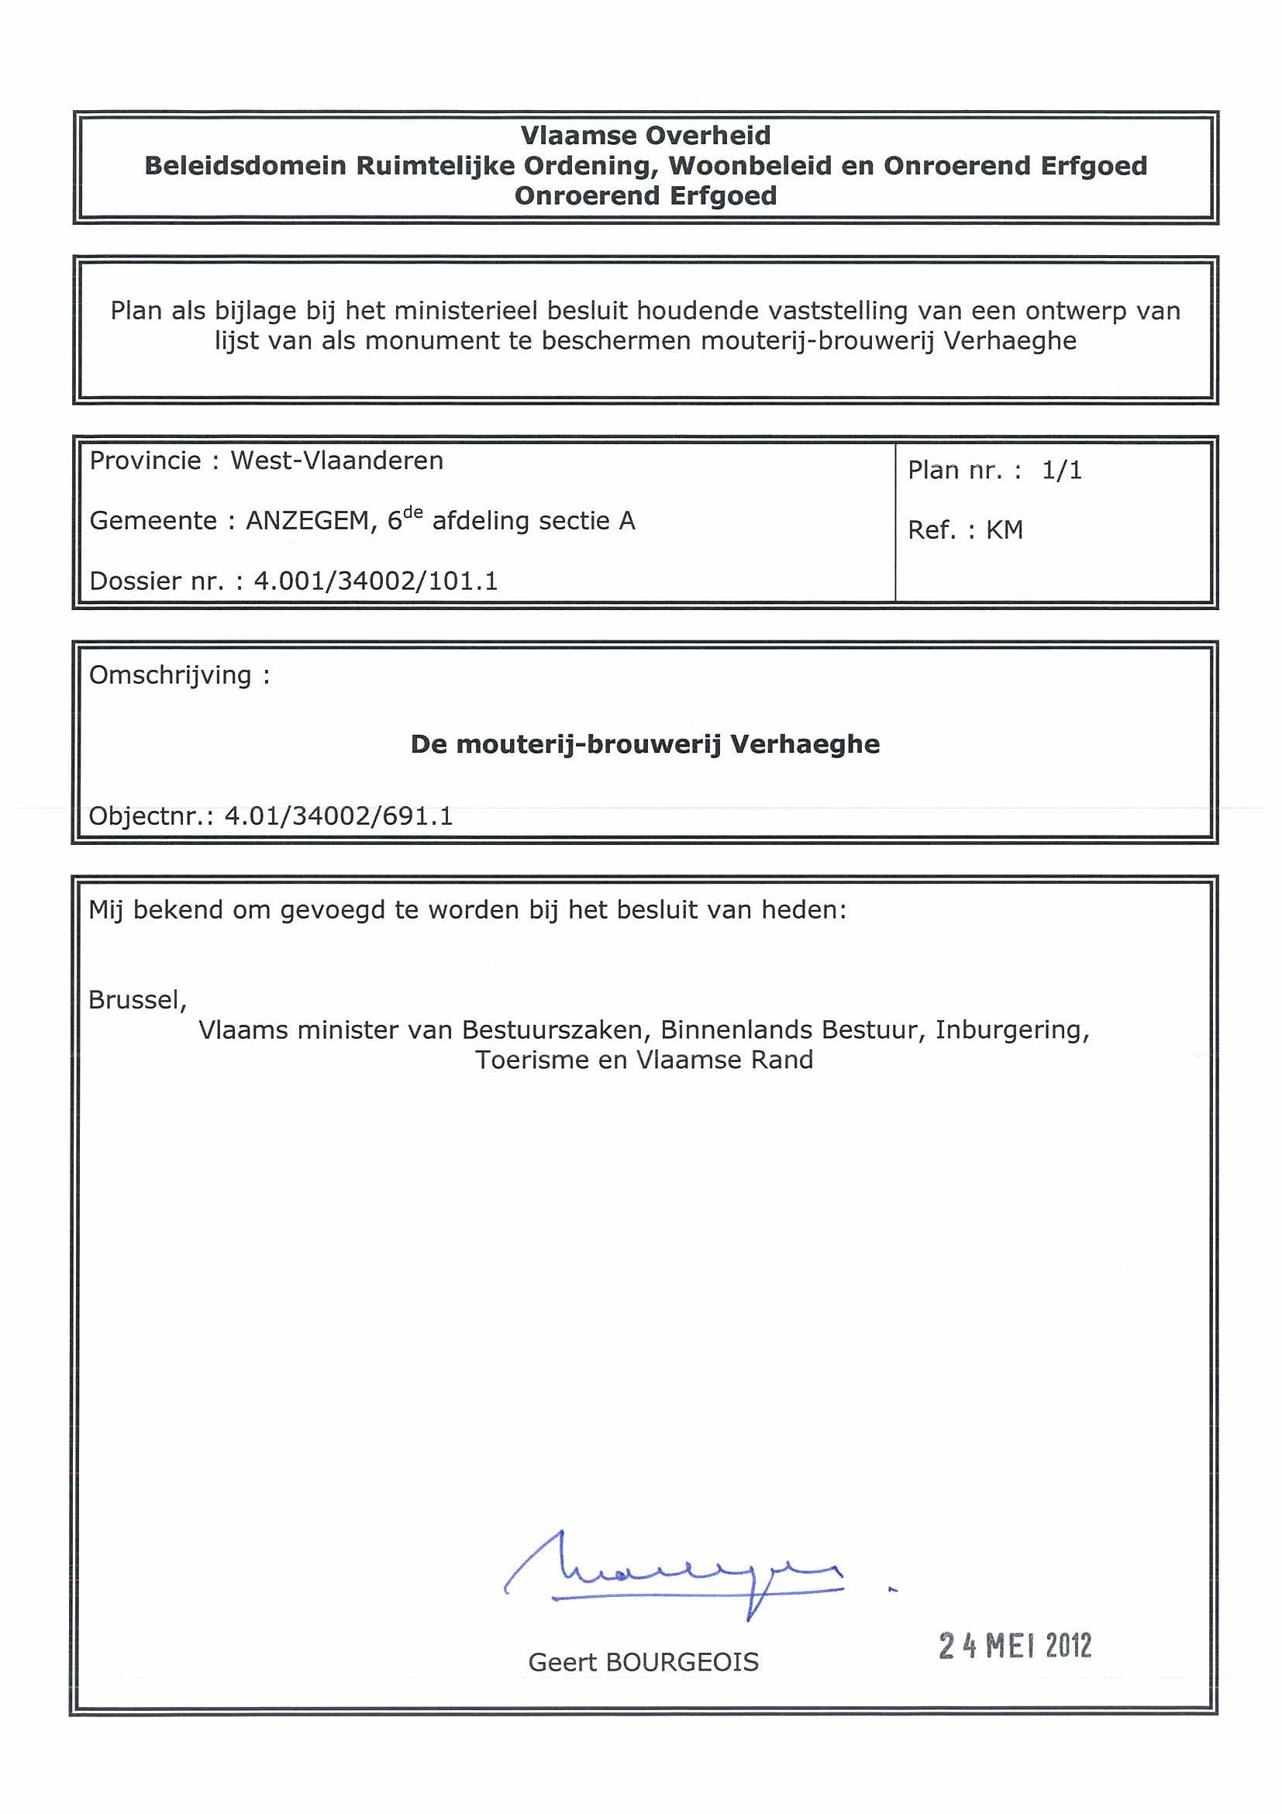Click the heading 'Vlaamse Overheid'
click(x=645, y=136)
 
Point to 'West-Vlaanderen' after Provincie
click(x=336, y=460)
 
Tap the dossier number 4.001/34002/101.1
click(x=375, y=581)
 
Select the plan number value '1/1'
click(x=1061, y=471)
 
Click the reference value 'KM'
click(x=1004, y=530)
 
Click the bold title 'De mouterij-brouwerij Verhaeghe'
click(x=645, y=744)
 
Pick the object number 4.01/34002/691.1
click(x=339, y=816)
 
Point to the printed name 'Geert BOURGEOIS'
click(x=643, y=1663)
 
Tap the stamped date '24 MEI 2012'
click(x=1015, y=1647)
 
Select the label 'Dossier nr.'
click(x=157, y=581)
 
